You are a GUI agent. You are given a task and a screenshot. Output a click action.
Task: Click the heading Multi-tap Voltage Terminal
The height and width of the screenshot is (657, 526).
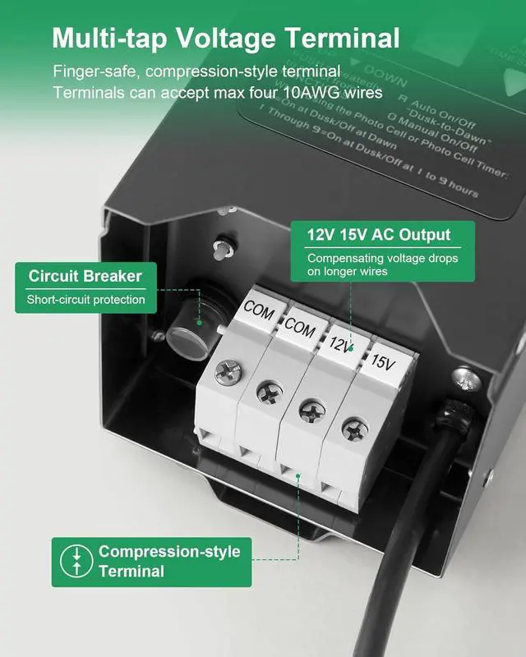click(226, 38)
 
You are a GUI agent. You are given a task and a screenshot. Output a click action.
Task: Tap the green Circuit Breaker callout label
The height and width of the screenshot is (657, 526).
click(85, 276)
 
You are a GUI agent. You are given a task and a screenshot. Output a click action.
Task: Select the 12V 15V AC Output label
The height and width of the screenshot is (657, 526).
click(379, 235)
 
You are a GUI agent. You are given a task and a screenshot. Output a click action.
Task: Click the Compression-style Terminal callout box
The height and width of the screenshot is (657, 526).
click(151, 562)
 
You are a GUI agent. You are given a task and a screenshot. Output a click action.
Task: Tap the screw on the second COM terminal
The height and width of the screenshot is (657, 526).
click(270, 393)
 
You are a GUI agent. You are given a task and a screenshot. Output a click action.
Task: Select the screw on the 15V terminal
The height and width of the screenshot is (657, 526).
click(355, 427)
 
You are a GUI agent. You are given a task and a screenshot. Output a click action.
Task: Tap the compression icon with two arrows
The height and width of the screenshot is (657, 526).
click(76, 562)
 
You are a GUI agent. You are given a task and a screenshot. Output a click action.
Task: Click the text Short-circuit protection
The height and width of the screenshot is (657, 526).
click(85, 300)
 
